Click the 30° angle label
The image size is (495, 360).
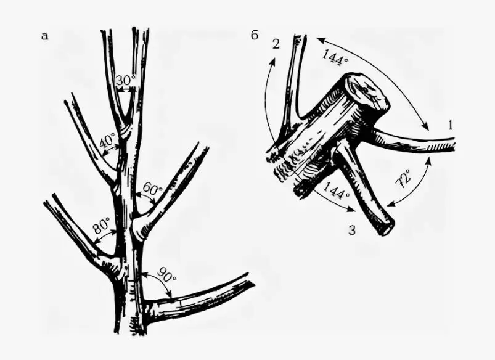[125, 81]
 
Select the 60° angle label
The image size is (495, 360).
[153, 189]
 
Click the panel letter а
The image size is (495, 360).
[45, 36]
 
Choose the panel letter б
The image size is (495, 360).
[255, 35]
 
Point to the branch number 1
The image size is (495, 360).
[450, 125]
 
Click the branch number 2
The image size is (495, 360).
[276, 44]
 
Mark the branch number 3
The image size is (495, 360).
[352, 231]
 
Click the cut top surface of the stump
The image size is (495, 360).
[368, 92]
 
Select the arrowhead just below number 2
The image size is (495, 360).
[273, 62]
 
